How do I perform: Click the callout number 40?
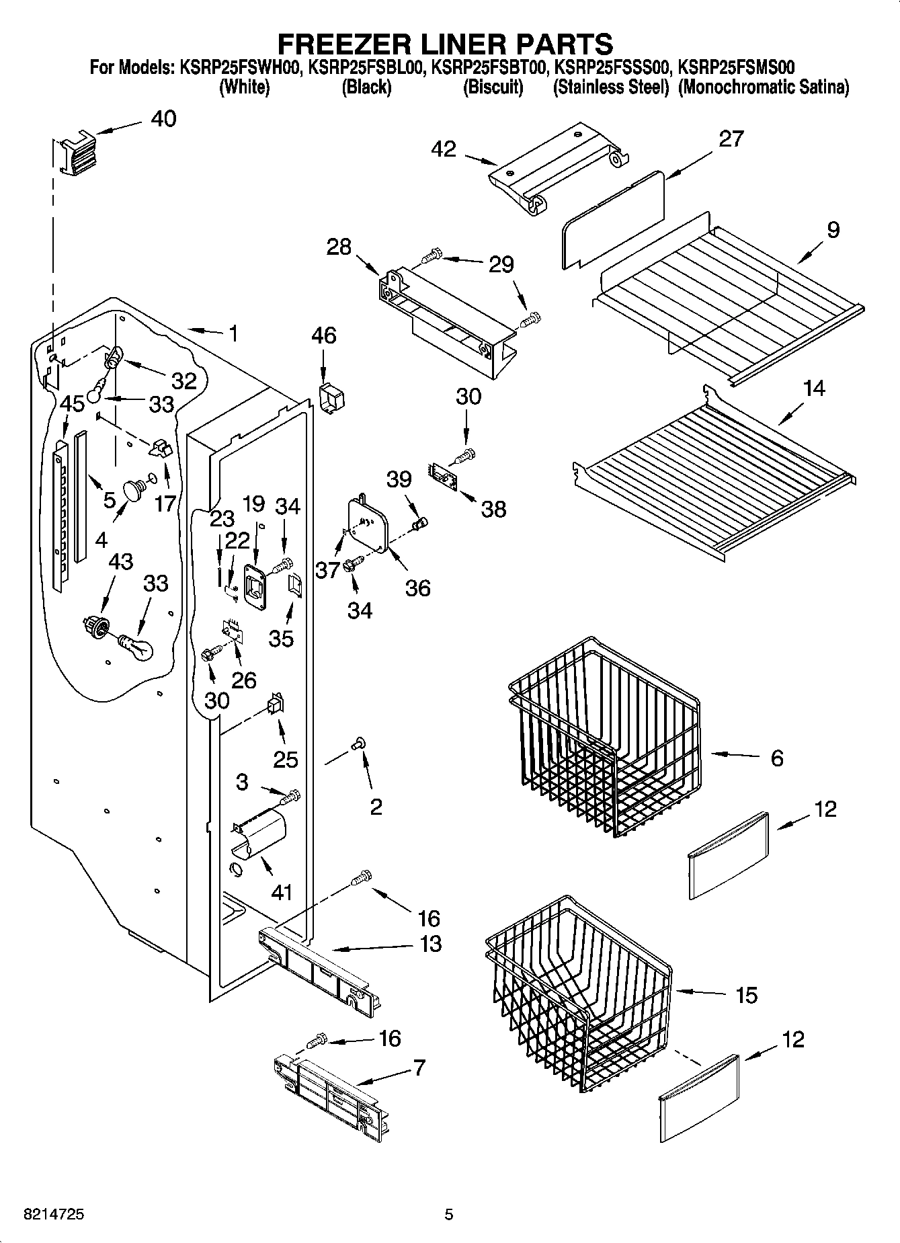163,119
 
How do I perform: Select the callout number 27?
731,139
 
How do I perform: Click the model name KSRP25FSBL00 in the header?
367,67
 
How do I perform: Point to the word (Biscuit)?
493,87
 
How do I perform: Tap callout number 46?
323,335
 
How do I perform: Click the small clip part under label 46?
332,399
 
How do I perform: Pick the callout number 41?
282,892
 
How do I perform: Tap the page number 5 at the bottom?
449,1214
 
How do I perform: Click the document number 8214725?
54,1214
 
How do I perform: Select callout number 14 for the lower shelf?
814,389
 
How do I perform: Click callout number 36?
417,588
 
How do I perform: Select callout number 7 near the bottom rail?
419,1067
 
